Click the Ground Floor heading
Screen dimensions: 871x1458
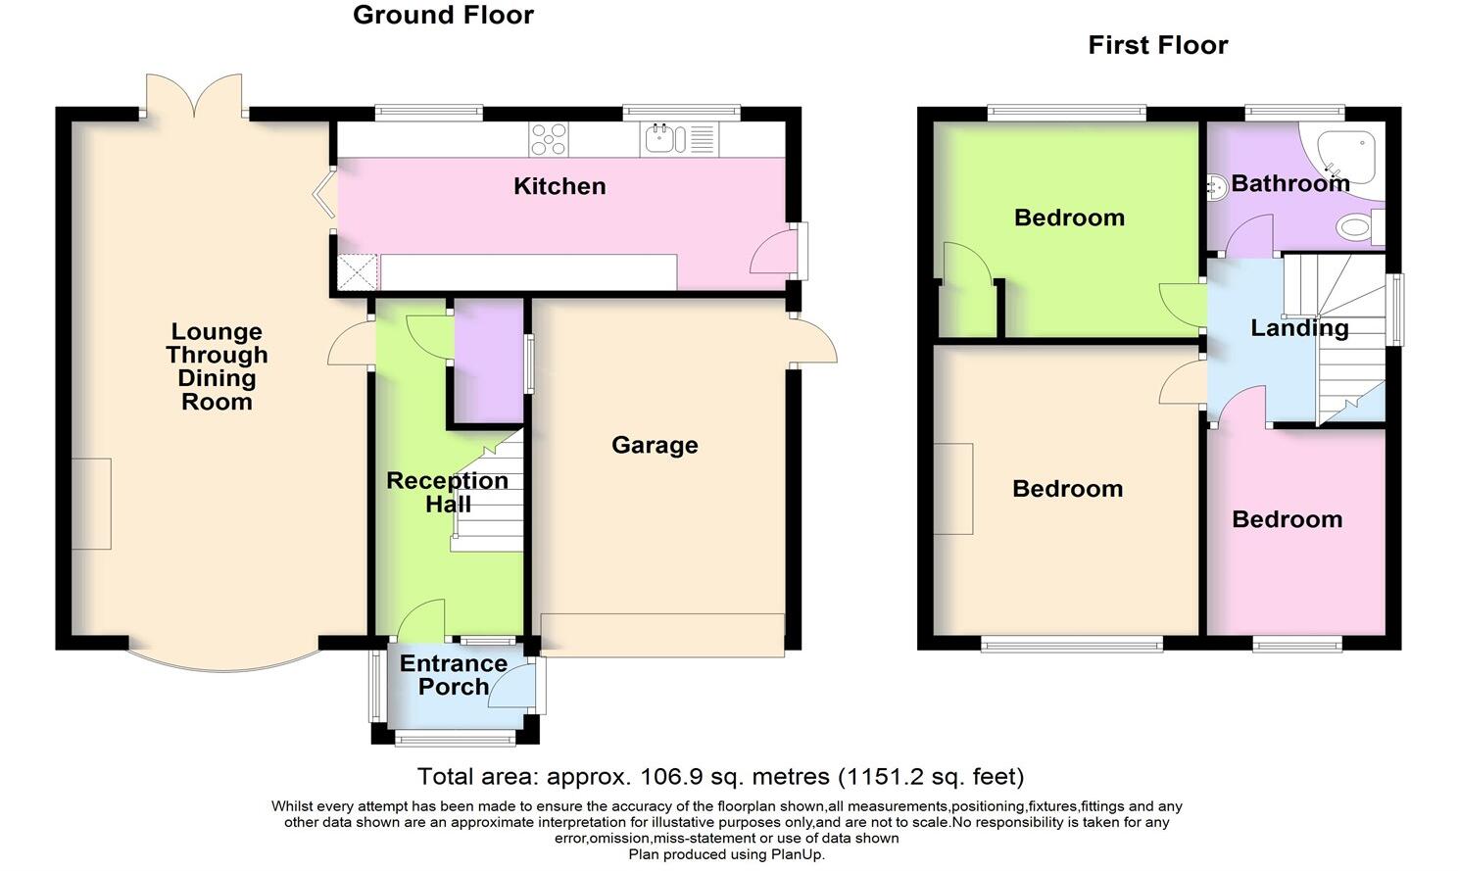coord(443,16)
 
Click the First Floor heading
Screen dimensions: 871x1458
coord(1157,45)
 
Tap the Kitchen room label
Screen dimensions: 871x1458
coord(559,186)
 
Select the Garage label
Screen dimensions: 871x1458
coord(655,445)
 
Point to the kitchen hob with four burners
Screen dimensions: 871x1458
coord(549,139)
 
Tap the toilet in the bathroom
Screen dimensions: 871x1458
coord(1357,228)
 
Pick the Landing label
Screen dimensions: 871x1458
coord(1299,328)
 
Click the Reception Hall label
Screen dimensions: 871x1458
coord(447,492)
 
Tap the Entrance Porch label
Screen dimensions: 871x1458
coord(453,675)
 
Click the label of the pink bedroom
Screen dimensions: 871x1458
coord(1287,519)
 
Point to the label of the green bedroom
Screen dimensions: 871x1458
coord(1069,218)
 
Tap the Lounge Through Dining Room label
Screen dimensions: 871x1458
coord(217,366)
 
